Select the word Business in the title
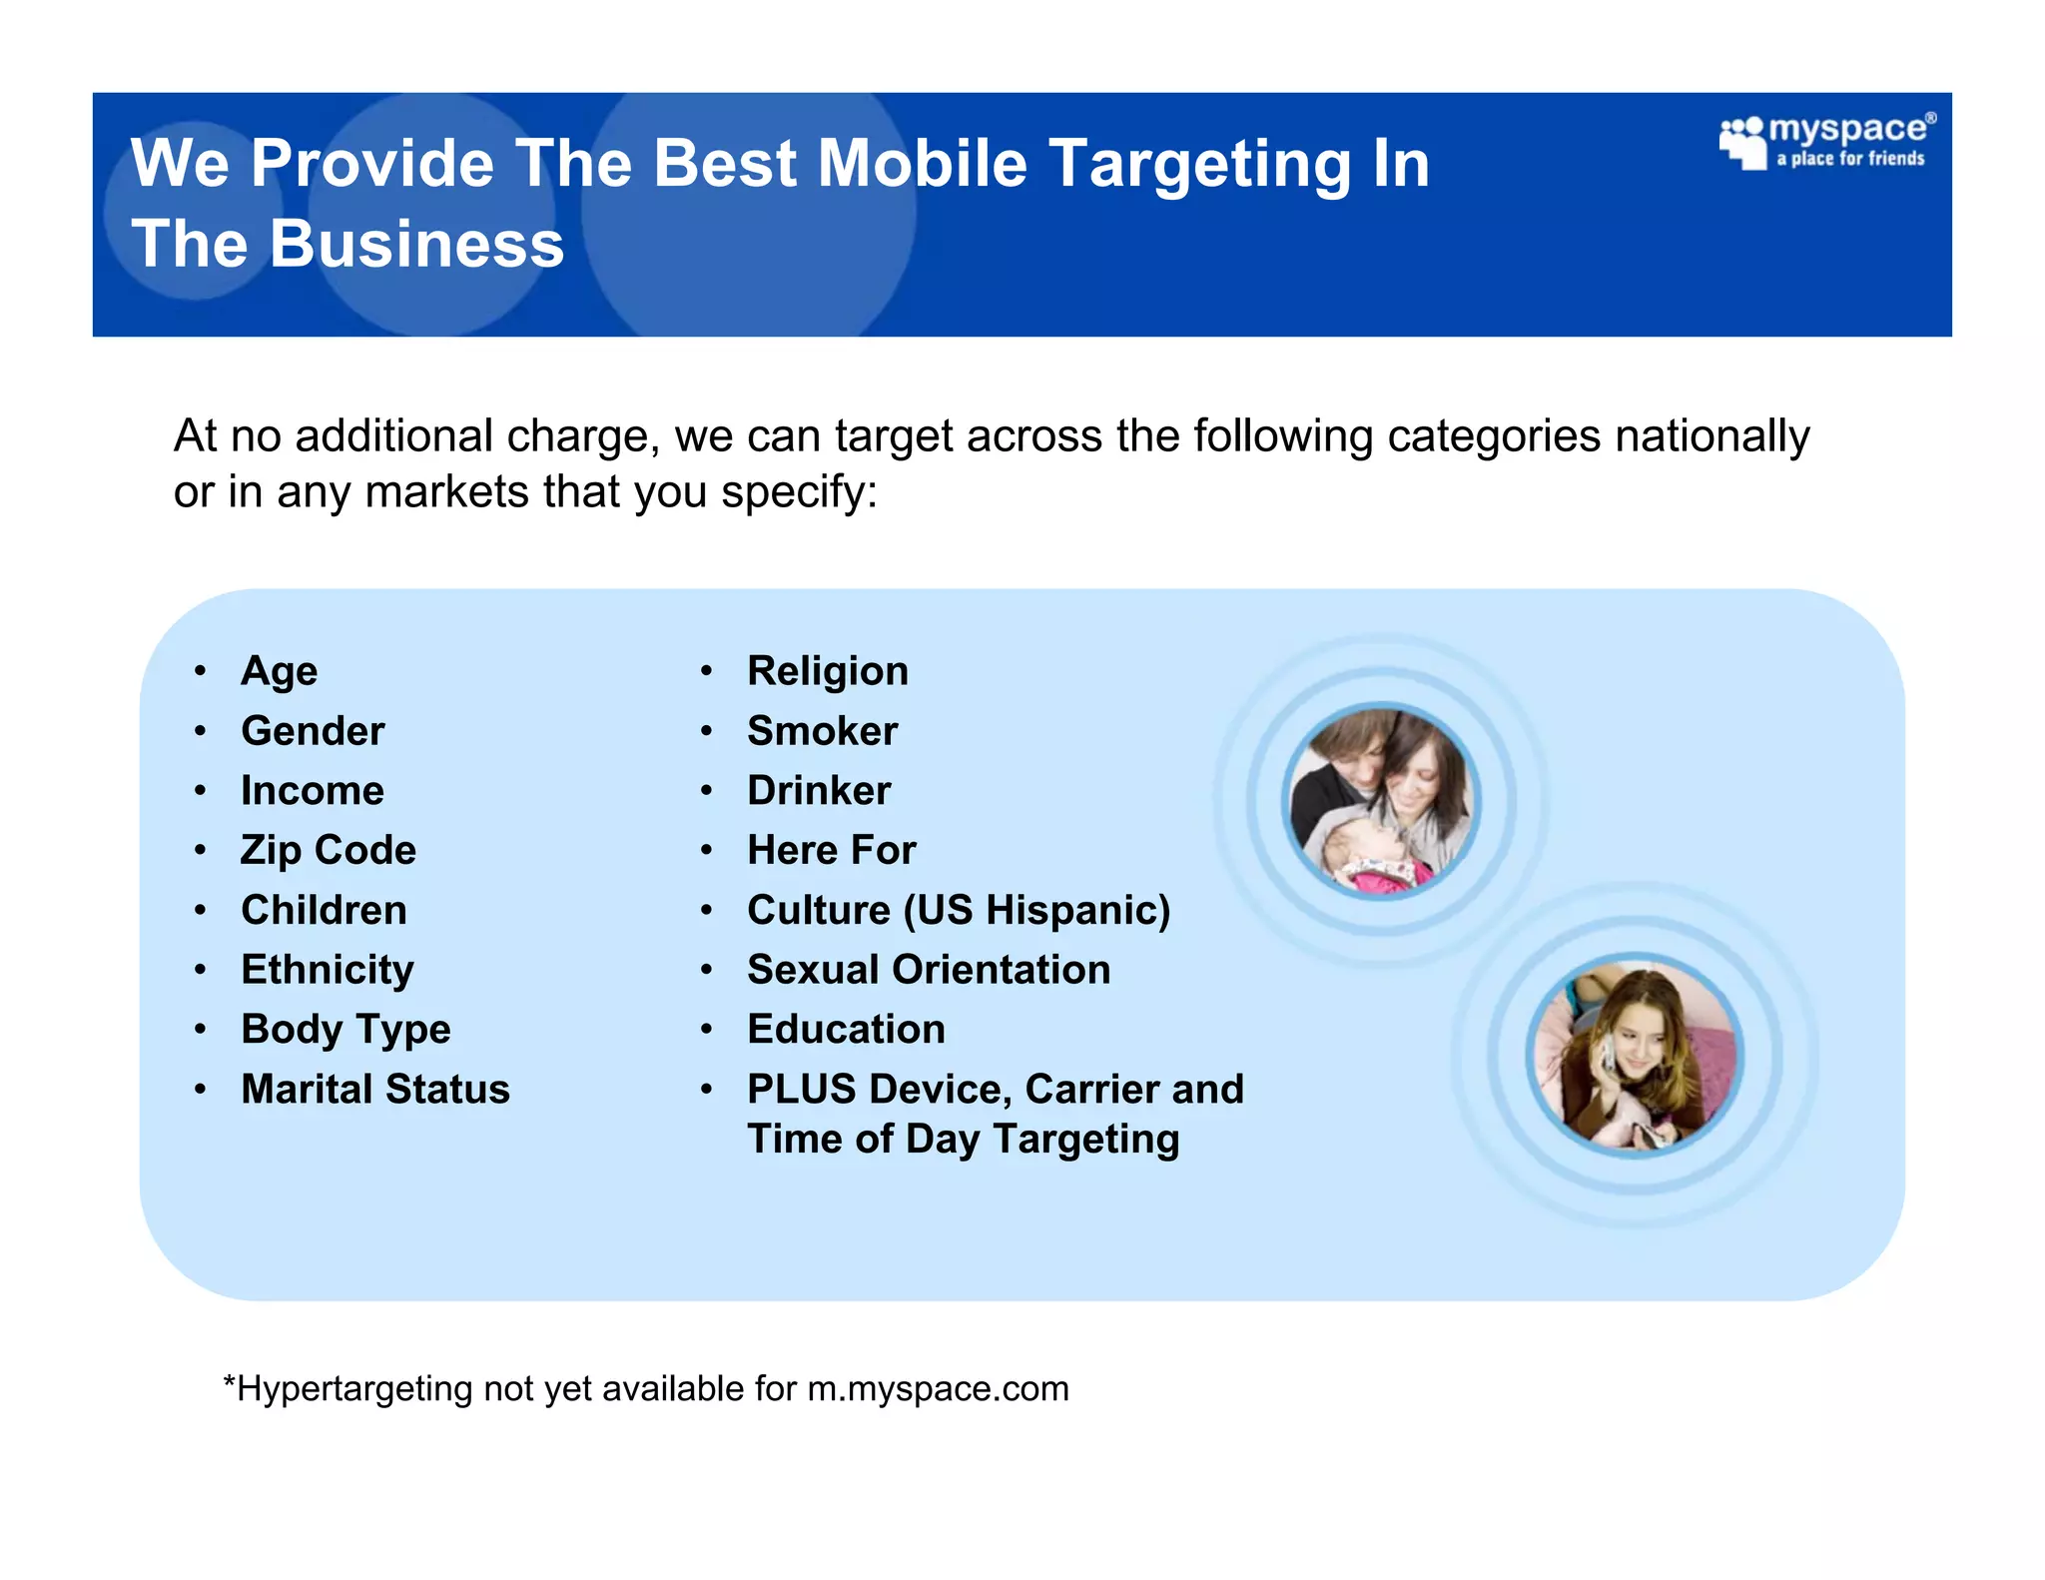tap(416, 245)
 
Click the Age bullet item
tap(279, 671)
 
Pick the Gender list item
tap(313, 731)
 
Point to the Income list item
tap(313, 791)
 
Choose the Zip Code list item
tap(329, 851)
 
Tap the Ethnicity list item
tap(328, 970)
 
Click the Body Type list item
tap(345, 1030)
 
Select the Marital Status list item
tap(375, 1090)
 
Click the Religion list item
tap(828, 671)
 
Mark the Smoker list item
tap(823, 731)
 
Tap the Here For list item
tap(832, 851)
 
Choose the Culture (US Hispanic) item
tap(959, 911)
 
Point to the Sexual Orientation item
tap(929, 970)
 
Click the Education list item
tap(847, 1030)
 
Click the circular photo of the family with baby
tap(1381, 800)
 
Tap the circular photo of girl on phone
tap(1635, 1055)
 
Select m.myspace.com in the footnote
tap(938, 1389)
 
